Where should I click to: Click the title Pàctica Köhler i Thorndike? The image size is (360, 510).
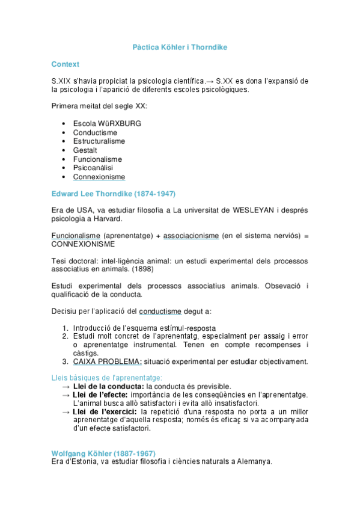tap(180, 47)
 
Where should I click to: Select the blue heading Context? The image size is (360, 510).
tap(66, 64)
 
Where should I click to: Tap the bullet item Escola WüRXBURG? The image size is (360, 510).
tap(107, 123)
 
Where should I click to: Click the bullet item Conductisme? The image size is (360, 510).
tap(95, 132)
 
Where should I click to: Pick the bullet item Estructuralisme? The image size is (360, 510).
tap(99, 141)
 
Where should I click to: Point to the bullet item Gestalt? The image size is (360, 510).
tap(85, 150)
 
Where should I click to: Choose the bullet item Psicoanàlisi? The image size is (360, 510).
tap(93, 168)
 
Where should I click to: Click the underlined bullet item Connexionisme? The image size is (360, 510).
tap(99, 177)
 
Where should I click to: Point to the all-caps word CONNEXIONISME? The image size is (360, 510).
tap(84, 245)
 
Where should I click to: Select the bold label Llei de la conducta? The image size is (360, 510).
tap(108, 386)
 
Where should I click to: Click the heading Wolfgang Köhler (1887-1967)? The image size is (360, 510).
tap(103, 453)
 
